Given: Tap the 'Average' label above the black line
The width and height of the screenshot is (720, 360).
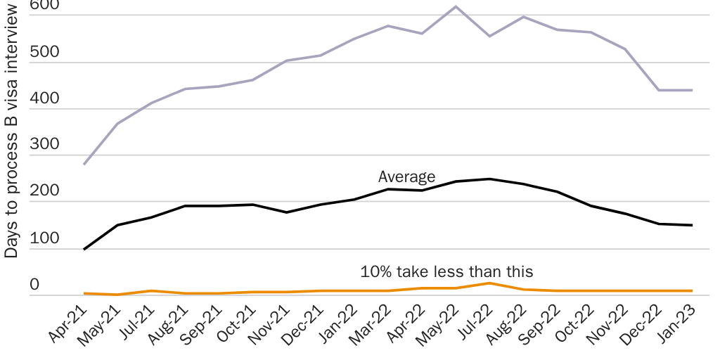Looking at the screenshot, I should pyautogui.click(x=406, y=176).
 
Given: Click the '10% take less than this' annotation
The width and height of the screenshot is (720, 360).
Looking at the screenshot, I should pyautogui.click(x=446, y=271).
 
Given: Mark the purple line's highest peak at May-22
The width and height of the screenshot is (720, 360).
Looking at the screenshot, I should pyautogui.click(x=456, y=7).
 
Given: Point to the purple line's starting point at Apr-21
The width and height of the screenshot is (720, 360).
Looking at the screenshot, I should pyautogui.click(x=84, y=164).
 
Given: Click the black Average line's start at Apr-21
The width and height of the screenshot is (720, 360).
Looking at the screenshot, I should pyautogui.click(x=84, y=249).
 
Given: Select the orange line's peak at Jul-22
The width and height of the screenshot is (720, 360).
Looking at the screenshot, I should pyautogui.click(x=489, y=283).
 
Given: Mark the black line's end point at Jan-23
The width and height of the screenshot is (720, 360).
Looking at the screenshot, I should pyautogui.click(x=693, y=225).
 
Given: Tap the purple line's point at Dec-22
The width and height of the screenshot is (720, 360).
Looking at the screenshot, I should pyautogui.click(x=659, y=90).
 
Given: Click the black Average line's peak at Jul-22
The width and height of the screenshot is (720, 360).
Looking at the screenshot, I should pyautogui.click(x=489, y=179).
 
